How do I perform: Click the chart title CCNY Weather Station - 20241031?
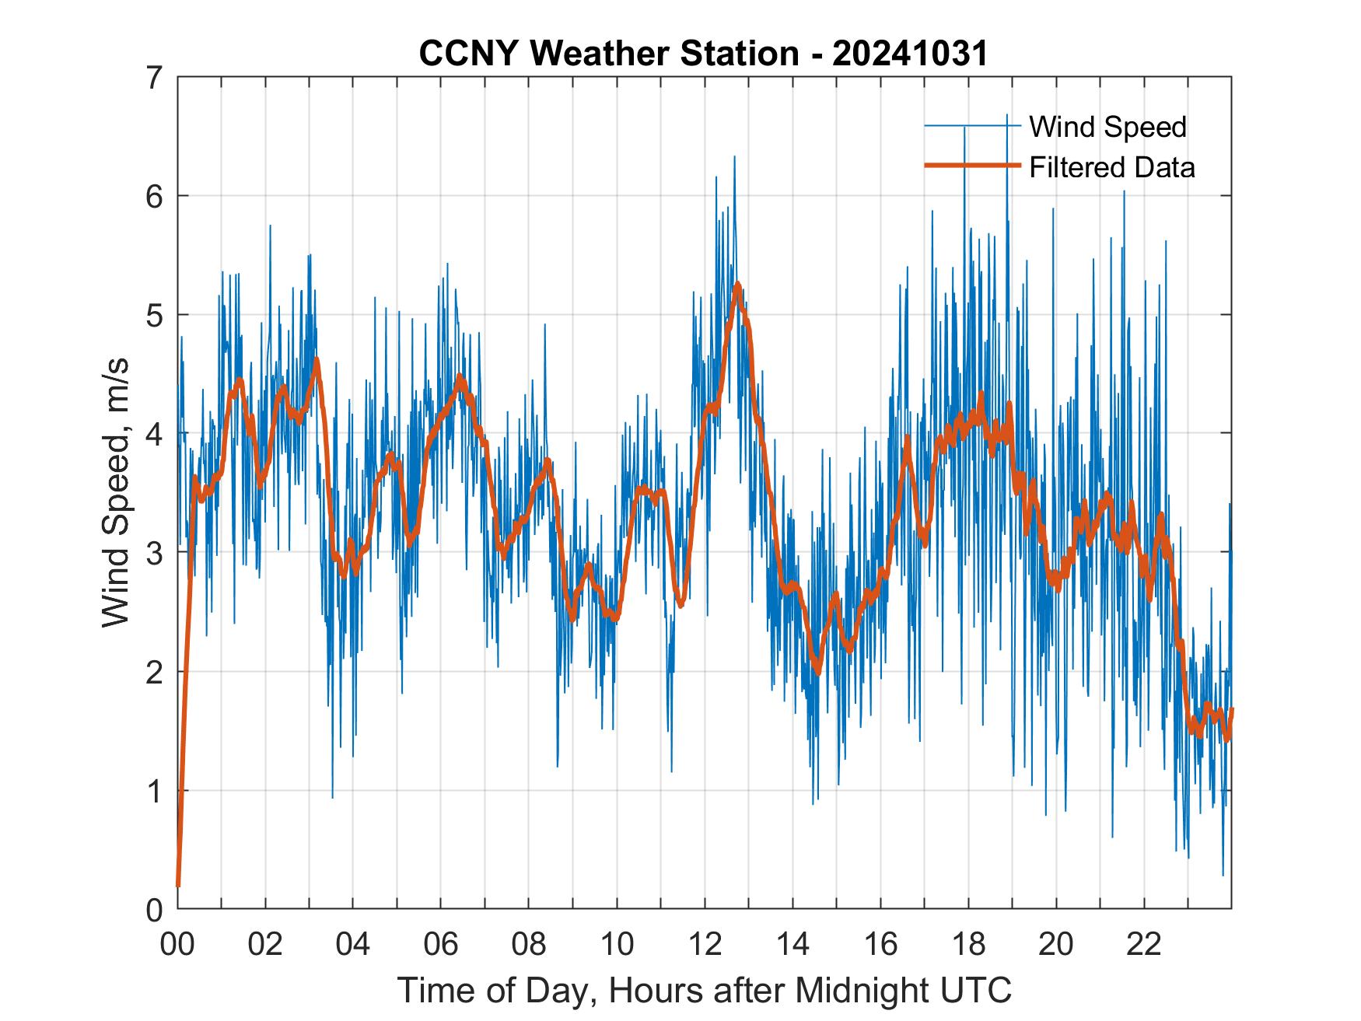coord(703,54)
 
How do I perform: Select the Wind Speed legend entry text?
coord(1107,127)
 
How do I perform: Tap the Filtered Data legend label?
coord(1111,167)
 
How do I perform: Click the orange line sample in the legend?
coord(972,166)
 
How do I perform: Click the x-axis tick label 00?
coord(177,945)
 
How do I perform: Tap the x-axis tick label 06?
coord(441,945)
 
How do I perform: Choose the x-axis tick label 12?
coord(705,945)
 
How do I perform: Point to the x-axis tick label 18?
coord(968,945)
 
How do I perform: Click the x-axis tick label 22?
coord(1144,945)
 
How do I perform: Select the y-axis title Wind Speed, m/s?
coord(117,493)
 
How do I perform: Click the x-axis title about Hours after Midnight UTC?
coord(705,991)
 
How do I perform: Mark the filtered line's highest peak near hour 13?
coord(736,285)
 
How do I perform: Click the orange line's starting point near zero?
coord(178,885)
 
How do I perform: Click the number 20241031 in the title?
coord(909,54)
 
